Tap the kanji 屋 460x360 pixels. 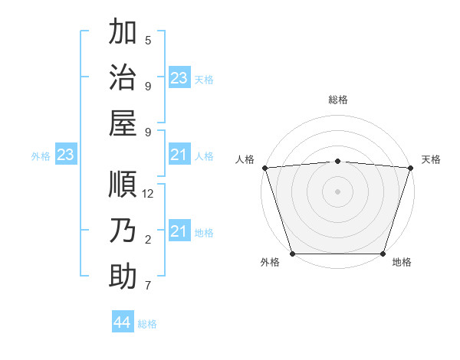[x=123, y=124]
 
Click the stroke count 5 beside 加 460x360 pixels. [x=148, y=40]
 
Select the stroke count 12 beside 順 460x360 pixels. [x=149, y=194]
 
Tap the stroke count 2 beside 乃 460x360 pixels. [x=148, y=241]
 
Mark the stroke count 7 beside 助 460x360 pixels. [x=148, y=286]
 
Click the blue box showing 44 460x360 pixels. [x=122, y=322]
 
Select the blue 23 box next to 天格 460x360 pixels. [x=179, y=78]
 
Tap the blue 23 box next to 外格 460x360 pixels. [x=65, y=155]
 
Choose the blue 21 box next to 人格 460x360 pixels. [x=179, y=155]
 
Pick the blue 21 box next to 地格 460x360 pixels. [x=179, y=231]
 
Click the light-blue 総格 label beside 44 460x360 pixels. [x=147, y=324]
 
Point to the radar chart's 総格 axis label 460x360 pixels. [x=337, y=100]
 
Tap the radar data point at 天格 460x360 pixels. [x=410, y=168]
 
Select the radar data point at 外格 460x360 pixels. [x=292, y=254]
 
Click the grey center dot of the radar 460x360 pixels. [x=337, y=191]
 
